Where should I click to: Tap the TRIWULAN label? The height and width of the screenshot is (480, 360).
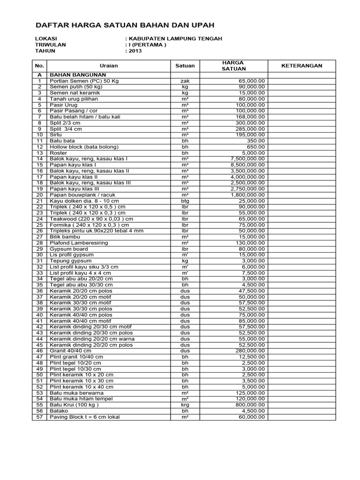51,45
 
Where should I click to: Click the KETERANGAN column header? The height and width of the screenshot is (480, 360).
301,66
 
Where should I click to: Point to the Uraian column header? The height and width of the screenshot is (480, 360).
109,66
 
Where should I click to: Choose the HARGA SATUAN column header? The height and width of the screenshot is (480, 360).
233,66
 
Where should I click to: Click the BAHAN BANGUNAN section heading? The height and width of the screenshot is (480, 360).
78,75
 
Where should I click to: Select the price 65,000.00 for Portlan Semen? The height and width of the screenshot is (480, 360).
251,81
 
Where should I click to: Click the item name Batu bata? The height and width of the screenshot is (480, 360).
62,141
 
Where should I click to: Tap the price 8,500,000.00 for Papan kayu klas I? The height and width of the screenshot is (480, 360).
247,165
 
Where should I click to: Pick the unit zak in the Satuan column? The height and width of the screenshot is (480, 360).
185,81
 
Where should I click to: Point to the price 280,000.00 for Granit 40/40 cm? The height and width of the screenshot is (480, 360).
250,351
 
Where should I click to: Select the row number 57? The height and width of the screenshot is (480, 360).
39,417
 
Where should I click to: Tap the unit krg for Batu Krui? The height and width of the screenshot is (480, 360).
185,405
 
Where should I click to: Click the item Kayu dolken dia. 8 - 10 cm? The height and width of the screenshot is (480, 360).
84,201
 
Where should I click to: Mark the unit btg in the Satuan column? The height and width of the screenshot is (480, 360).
185,201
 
